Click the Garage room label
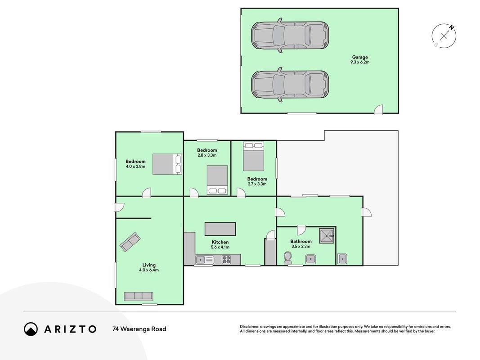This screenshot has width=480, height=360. [360, 57]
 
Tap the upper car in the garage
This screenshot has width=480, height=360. [290, 36]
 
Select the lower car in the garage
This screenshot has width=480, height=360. [290, 85]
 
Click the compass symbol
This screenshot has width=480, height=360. [444, 36]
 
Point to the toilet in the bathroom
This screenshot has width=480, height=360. [288, 258]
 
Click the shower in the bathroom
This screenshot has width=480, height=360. [327, 236]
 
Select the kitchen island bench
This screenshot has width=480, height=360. [220, 229]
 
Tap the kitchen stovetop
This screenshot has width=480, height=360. [226, 260]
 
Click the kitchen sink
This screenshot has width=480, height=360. [205, 260]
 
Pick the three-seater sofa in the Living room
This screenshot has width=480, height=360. [139, 297]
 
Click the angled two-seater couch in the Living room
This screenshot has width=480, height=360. [130, 242]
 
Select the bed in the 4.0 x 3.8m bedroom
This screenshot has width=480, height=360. [167, 164]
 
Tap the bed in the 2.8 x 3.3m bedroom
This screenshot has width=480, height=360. [217, 180]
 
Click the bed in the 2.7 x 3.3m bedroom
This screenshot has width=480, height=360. [253, 157]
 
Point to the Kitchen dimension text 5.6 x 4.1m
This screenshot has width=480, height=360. [220, 247]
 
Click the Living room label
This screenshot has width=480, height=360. [149, 265]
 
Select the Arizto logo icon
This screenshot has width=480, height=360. [31, 329]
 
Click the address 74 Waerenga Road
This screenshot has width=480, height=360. [139, 329]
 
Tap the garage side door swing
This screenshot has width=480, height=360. [379, 109]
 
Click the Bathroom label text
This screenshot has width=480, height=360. [301, 241]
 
